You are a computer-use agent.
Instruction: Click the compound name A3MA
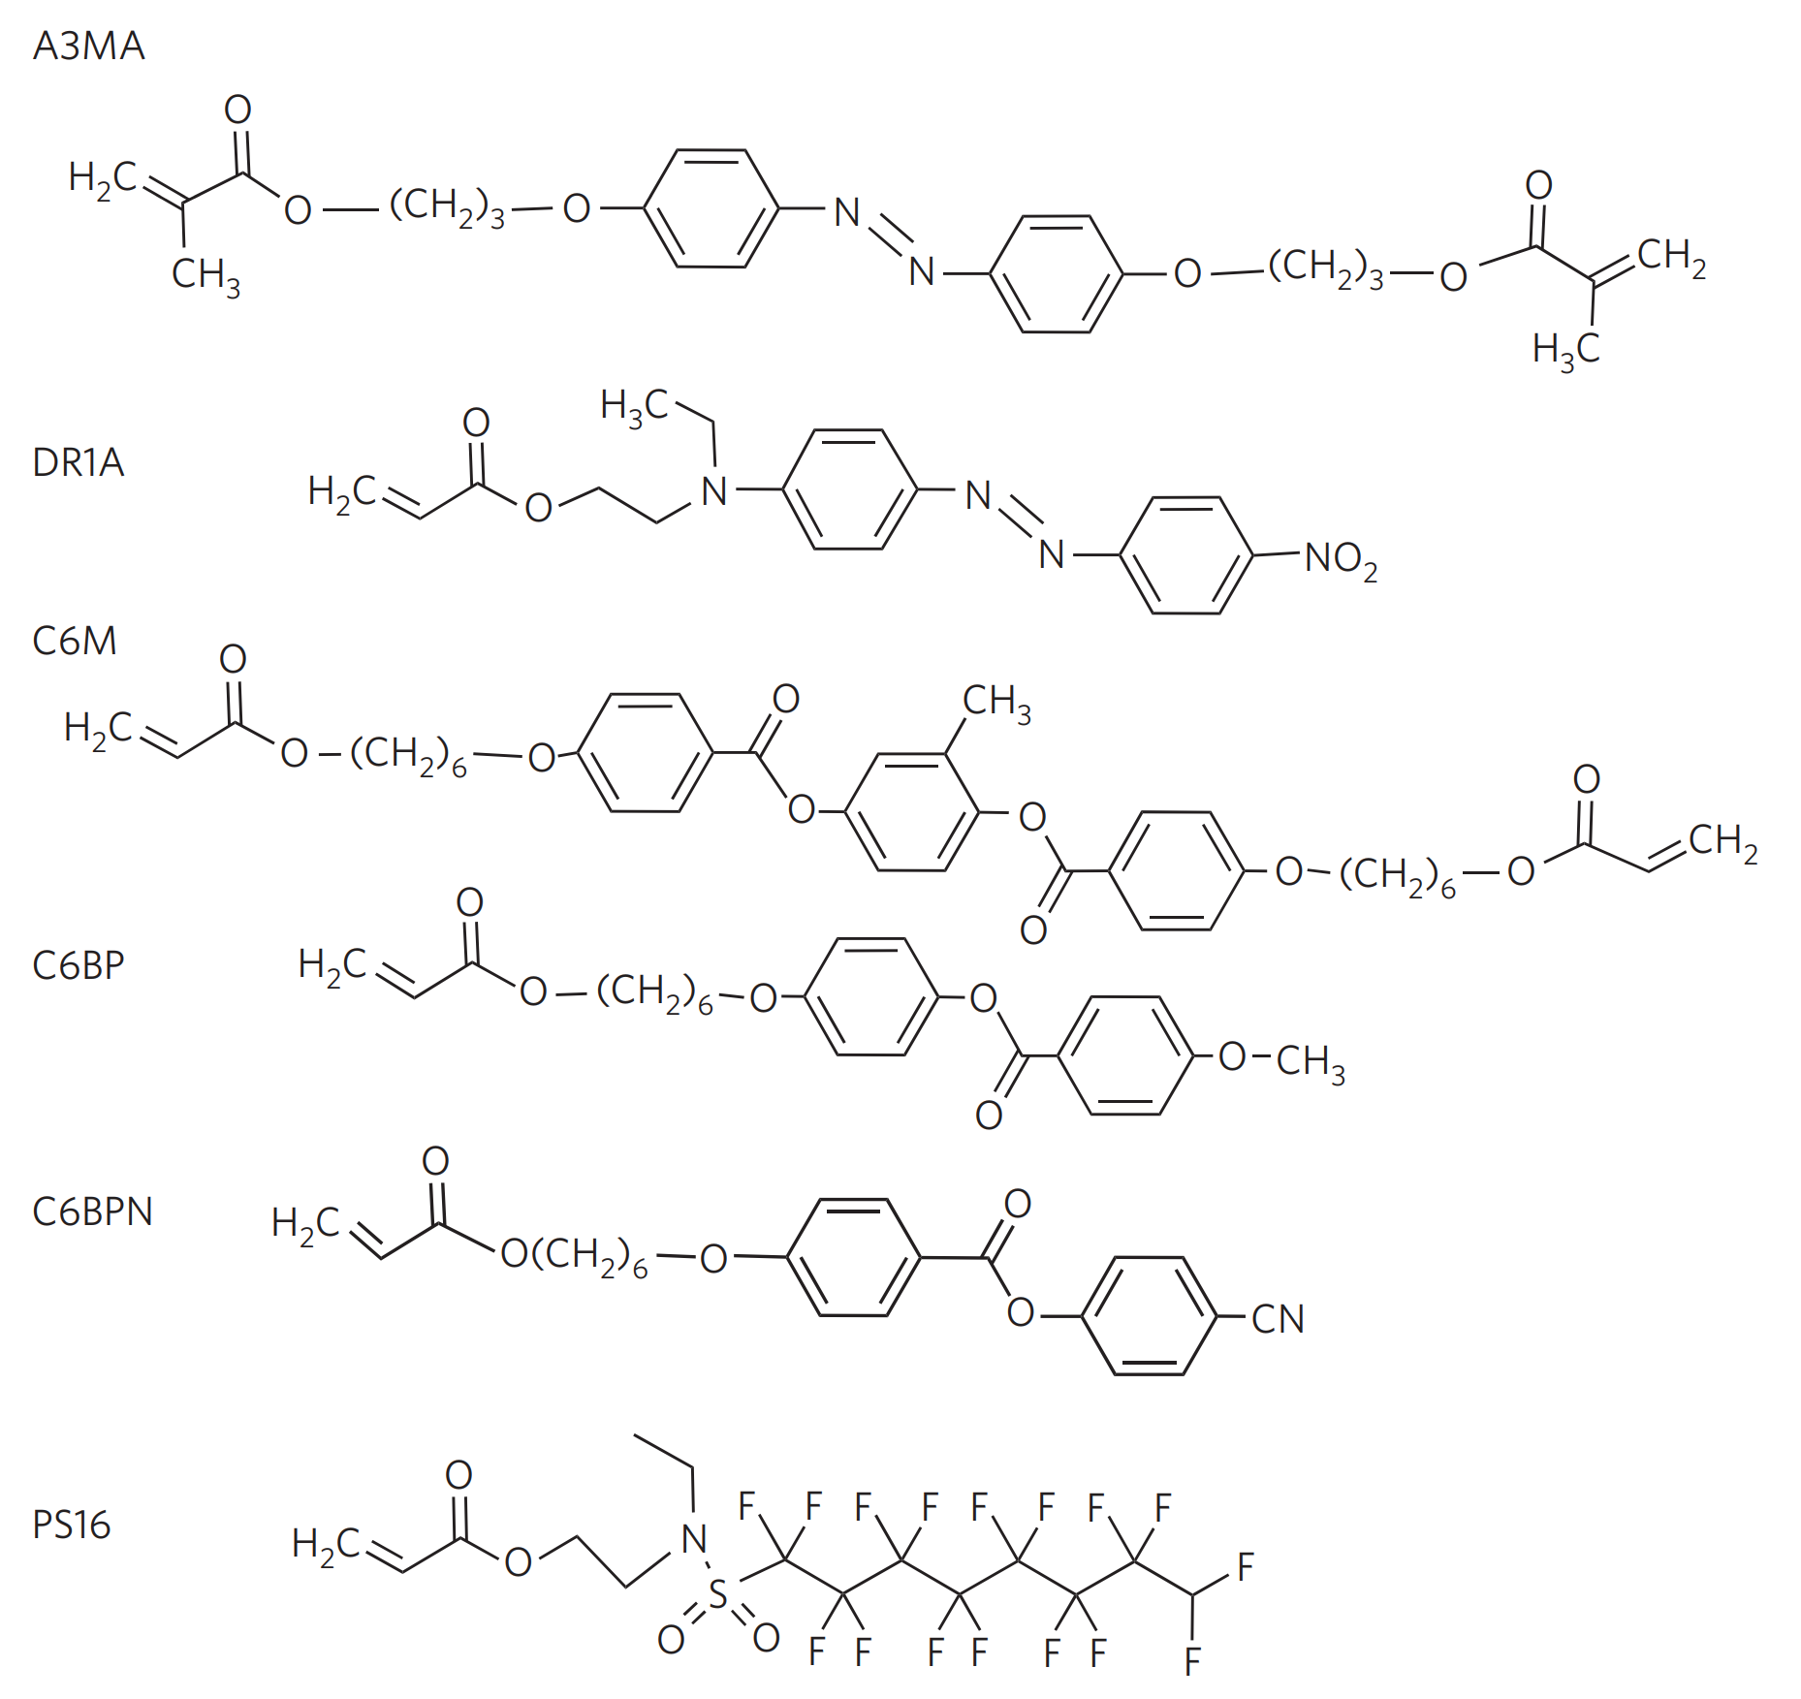[x=88, y=46]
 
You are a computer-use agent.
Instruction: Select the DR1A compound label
[x=78, y=462]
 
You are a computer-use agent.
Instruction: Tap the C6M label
[x=74, y=641]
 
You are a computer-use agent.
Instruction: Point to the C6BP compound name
[x=78, y=965]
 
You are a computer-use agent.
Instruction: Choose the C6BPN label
[x=92, y=1211]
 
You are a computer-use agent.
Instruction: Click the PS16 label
[x=71, y=1525]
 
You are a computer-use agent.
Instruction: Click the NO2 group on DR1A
[x=1340, y=559]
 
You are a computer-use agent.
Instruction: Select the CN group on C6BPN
[x=1278, y=1319]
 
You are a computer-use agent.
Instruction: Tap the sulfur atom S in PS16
[x=717, y=1594]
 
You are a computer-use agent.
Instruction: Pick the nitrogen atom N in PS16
[x=694, y=1538]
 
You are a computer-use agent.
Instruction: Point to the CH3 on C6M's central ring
[x=995, y=702]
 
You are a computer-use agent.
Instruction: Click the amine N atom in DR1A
[x=714, y=491]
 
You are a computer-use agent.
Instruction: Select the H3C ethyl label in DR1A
[x=633, y=406]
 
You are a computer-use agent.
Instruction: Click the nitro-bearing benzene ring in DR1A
[x=1185, y=555]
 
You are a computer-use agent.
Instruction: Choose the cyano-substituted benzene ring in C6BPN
[x=1149, y=1315]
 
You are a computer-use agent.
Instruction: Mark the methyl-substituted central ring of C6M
[x=912, y=811]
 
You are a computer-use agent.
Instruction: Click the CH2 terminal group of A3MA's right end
[x=1671, y=258]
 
